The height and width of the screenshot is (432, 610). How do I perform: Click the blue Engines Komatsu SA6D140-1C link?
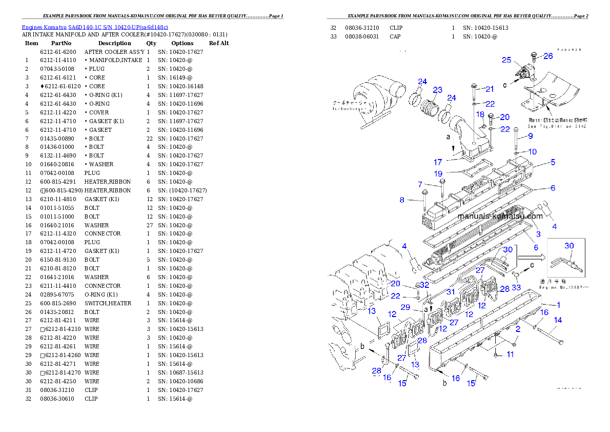coord(95,27)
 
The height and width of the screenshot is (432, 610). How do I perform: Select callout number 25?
coord(506,60)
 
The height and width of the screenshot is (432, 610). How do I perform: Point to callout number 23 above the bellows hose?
coord(437,90)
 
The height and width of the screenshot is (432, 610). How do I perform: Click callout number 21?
coord(490,89)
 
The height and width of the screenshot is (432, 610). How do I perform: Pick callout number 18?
coord(480,114)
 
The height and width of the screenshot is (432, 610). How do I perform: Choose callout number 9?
coord(530,136)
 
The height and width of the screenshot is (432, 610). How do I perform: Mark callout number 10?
coord(533,152)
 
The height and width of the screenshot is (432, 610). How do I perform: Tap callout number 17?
coord(438,163)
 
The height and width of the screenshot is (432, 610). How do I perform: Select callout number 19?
coord(438,173)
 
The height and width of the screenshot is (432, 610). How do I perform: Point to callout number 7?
coord(420,184)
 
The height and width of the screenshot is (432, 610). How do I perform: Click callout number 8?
coord(402,200)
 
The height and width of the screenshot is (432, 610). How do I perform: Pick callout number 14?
coord(558,320)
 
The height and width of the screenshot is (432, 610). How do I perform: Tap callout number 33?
coord(516,287)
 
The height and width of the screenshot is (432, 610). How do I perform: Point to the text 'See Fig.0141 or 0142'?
coord(558,126)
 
